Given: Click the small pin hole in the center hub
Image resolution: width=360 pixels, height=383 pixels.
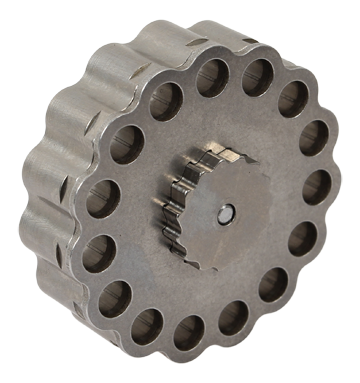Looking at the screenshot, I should [225, 213].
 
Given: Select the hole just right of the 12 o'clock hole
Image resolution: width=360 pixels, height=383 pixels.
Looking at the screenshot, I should [255, 77].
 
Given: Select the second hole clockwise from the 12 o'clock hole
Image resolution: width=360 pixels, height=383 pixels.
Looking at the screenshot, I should [292, 98].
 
